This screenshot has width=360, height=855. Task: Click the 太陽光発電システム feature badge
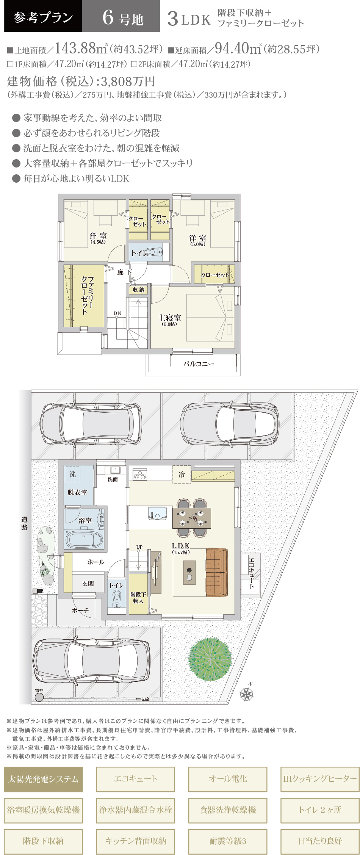(43, 779)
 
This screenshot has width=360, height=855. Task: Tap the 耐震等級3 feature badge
(228, 841)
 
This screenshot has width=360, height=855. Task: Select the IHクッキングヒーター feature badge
(320, 779)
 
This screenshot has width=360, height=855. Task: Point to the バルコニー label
(199, 364)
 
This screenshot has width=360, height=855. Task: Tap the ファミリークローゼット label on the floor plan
(88, 295)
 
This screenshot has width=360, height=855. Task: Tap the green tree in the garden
(210, 659)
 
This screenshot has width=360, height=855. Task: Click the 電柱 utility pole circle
(39, 697)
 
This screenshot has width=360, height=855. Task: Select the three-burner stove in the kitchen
(140, 474)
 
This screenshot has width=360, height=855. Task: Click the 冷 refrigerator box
(182, 474)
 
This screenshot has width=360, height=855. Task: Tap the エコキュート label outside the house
(251, 573)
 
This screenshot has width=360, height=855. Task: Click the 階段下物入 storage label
(138, 598)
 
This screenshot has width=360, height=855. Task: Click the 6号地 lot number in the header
(122, 18)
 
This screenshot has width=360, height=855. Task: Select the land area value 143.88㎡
(81, 48)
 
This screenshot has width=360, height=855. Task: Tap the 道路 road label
(25, 523)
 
